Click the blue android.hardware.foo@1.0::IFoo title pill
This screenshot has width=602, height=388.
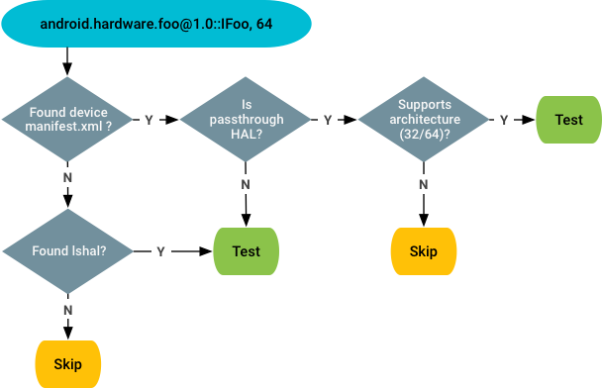(155, 23)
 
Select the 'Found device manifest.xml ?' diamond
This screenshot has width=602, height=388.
(68, 119)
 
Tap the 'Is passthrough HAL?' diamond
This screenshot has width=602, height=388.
(246, 119)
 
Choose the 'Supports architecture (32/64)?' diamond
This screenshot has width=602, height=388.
(423, 119)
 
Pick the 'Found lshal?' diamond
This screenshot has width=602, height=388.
(68, 250)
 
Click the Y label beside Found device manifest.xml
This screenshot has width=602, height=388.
(150, 120)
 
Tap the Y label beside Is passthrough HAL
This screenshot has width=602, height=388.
(327, 120)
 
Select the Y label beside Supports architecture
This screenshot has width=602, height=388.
(504, 120)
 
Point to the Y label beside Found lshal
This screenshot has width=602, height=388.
(161, 251)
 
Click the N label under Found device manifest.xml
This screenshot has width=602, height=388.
(68, 177)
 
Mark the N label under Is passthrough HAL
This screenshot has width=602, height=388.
(246, 184)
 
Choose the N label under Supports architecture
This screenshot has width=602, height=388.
(423, 184)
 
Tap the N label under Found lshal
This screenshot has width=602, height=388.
(68, 310)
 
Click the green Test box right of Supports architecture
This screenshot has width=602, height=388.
(568, 120)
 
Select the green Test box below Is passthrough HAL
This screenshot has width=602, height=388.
(246, 251)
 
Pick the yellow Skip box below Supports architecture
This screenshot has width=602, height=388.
(423, 251)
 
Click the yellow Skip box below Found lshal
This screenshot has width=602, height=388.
(67, 363)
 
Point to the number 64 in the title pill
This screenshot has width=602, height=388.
(263, 23)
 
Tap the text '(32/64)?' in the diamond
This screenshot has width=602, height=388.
(423, 134)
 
